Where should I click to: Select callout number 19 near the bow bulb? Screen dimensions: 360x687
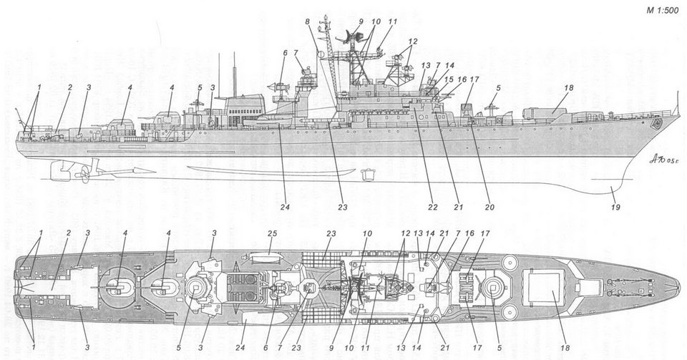point(614,208)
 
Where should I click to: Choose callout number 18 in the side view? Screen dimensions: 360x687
point(569,88)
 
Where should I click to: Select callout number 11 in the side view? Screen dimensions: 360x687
point(391,23)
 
